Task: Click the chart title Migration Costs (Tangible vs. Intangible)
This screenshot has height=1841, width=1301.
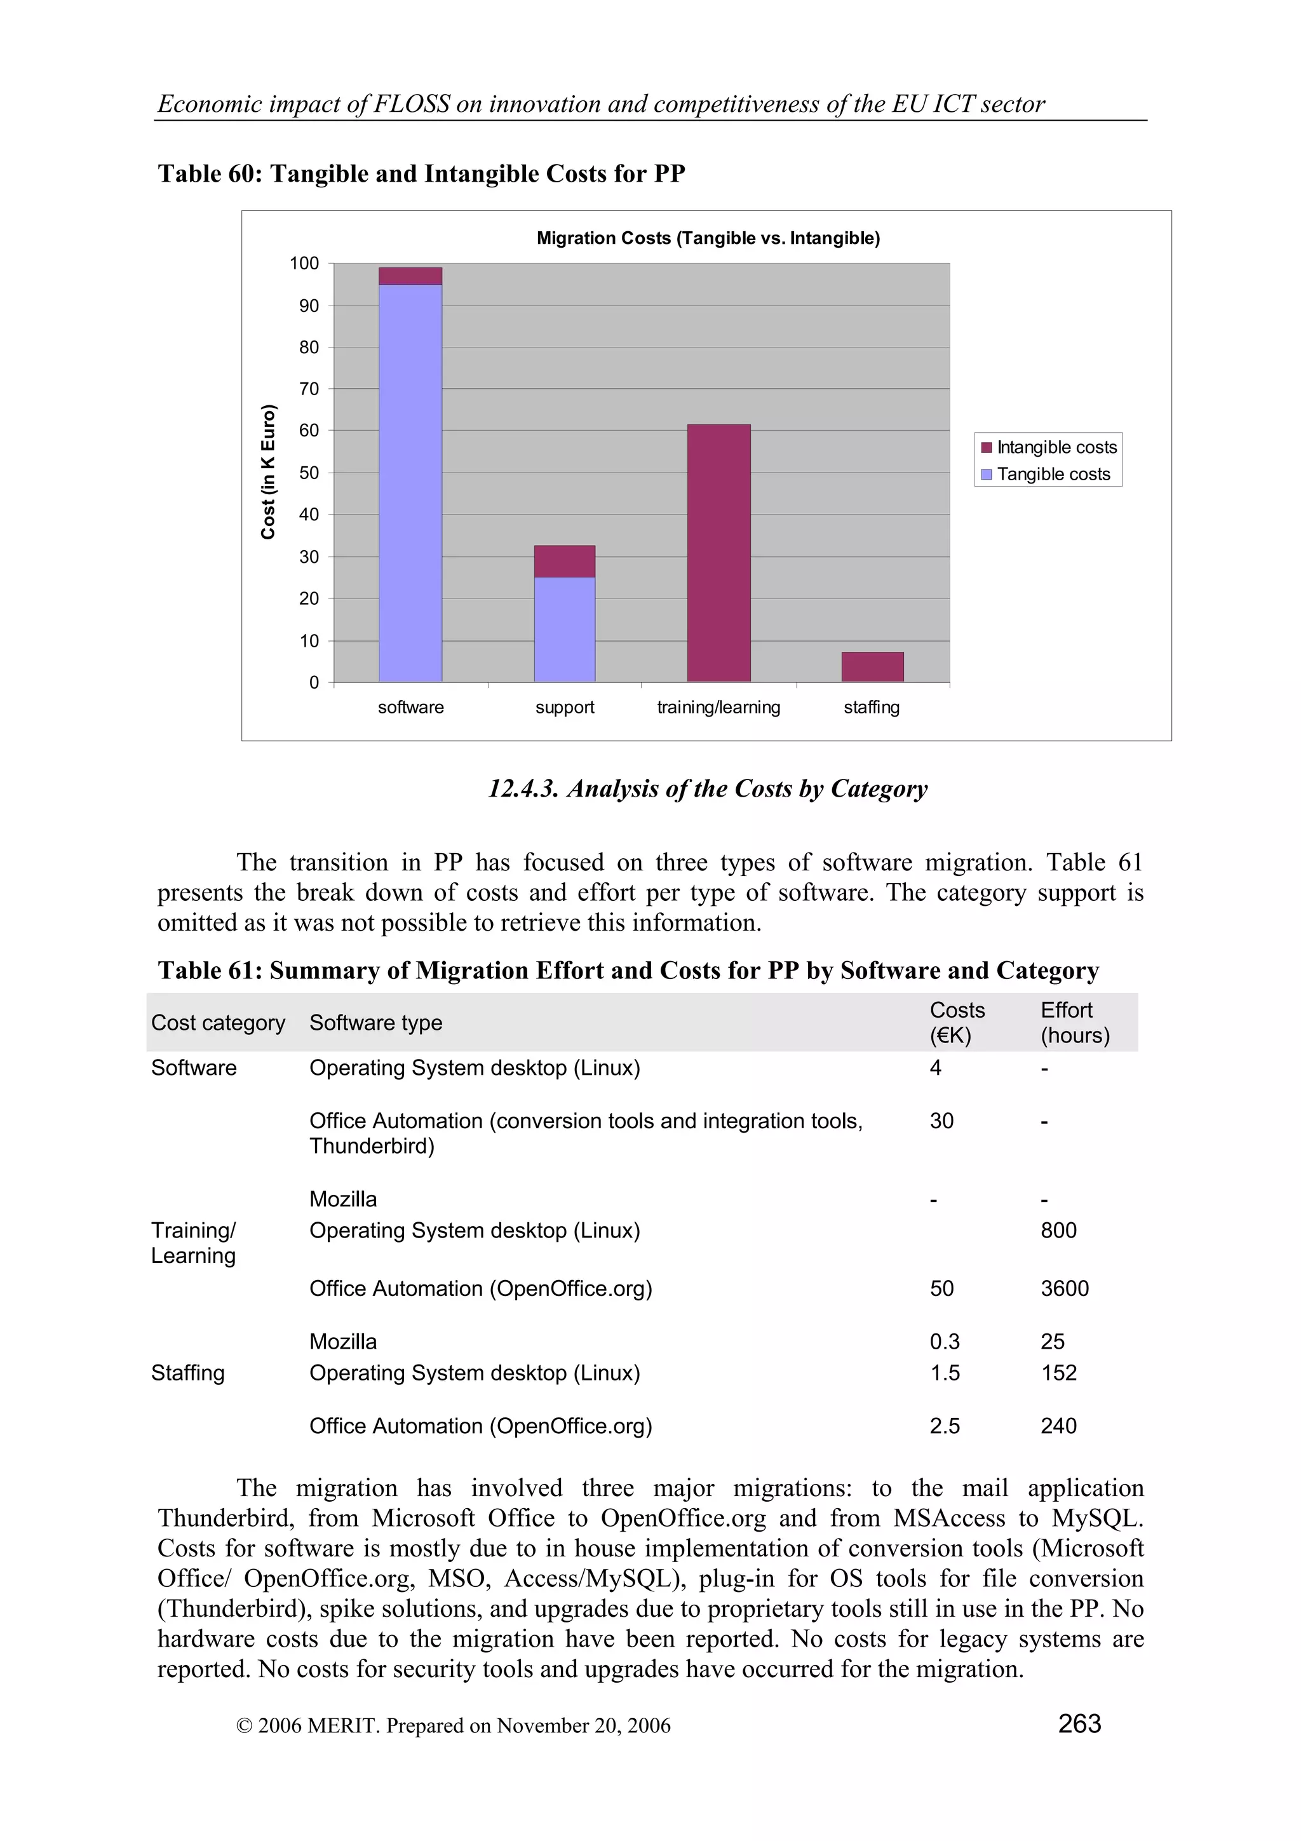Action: [708, 238]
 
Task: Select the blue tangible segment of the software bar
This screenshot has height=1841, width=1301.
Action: [410, 481]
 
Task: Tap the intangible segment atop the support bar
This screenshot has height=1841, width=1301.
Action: [564, 562]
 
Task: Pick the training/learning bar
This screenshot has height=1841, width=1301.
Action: [718, 553]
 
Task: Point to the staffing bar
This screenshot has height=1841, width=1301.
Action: [872, 667]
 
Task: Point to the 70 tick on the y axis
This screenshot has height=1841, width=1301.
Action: [309, 389]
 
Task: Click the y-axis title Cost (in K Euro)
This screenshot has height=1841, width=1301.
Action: [267, 471]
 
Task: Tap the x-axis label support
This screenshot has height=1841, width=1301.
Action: [564, 707]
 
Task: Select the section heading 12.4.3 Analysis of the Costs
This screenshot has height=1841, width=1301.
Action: [708, 789]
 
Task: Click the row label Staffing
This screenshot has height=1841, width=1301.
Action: [187, 1373]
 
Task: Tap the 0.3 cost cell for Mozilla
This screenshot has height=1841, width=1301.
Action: [944, 1342]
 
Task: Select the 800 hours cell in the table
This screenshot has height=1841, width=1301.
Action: [1058, 1230]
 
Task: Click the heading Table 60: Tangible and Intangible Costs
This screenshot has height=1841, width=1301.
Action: [421, 174]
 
